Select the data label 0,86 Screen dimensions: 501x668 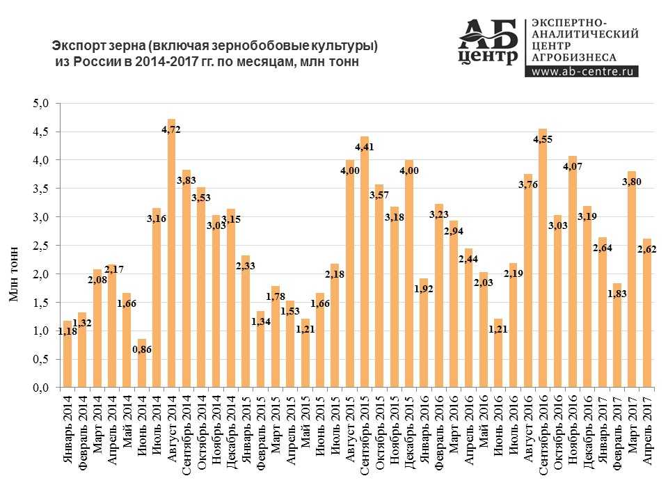(141, 349)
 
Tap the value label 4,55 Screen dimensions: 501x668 (543, 139)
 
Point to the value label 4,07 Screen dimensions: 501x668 (571, 167)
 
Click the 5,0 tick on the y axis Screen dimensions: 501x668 (42, 104)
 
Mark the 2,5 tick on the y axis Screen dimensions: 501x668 (42, 246)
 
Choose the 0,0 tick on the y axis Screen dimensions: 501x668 (42, 388)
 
